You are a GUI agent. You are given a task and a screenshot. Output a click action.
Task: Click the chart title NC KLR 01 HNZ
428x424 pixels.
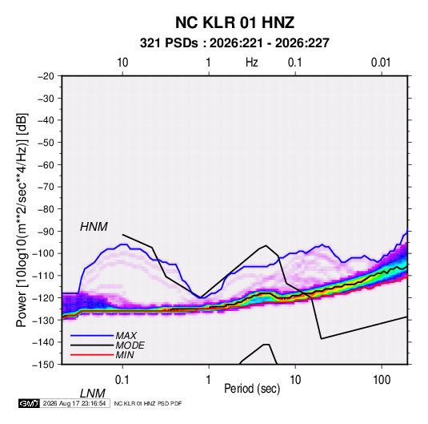(234, 22)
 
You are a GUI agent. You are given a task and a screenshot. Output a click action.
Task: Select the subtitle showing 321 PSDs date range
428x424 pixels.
(234, 43)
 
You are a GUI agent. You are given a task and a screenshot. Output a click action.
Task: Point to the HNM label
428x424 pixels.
(94, 227)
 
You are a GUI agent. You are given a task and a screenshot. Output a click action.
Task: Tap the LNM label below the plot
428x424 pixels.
(93, 394)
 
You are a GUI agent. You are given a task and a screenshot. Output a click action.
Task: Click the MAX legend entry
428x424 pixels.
(126, 336)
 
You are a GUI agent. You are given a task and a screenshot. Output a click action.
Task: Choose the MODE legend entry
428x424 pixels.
(130, 345)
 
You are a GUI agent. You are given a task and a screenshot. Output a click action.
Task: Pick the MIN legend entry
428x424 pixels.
(125, 355)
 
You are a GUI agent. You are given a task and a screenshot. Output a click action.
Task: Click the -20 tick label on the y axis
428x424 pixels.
(46, 76)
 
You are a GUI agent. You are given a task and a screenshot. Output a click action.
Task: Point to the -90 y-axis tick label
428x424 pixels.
(46, 232)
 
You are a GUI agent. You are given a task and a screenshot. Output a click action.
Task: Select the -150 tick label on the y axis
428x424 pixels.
(44, 365)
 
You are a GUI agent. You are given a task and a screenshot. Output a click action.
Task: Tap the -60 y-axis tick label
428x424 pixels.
(46, 165)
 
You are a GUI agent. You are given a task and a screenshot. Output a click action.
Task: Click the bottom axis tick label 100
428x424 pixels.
(382, 380)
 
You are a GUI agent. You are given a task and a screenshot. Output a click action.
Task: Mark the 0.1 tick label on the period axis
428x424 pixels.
(122, 380)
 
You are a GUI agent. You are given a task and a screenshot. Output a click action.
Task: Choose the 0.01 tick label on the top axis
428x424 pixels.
(381, 63)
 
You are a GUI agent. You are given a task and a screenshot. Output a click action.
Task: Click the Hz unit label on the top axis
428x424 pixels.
(252, 63)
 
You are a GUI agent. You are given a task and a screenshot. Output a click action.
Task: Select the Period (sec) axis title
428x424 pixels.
(252, 389)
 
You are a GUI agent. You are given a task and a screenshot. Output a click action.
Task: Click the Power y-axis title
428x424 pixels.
(22, 220)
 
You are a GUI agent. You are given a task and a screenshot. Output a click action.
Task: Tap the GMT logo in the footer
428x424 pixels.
(30, 403)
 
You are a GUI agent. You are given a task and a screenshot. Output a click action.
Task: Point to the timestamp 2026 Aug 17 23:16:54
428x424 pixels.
(74, 403)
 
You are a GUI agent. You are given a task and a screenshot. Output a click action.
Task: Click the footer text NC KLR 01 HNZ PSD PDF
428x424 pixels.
(148, 403)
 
